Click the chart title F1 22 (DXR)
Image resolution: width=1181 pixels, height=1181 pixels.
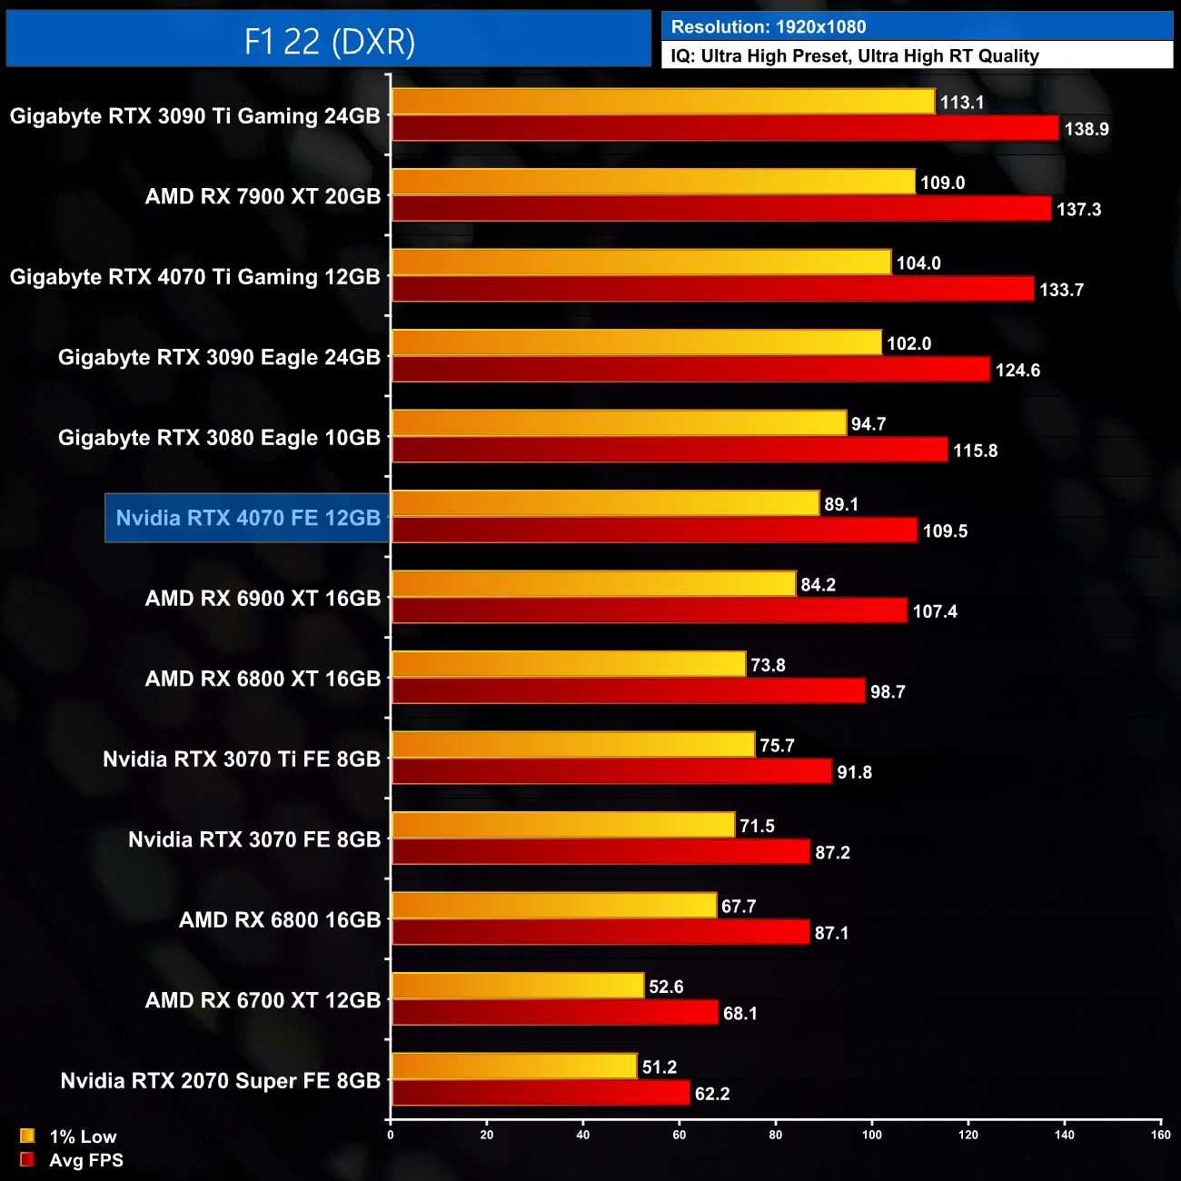click(x=329, y=41)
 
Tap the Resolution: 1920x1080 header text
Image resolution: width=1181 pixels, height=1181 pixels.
click(x=769, y=27)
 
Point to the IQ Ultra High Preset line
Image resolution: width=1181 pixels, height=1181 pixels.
click(x=855, y=56)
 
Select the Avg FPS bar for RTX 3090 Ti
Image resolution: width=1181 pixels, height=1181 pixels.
click(x=725, y=128)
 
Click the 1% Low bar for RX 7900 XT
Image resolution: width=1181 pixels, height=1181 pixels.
click(x=653, y=182)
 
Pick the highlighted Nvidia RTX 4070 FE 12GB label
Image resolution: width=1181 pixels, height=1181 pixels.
click(x=248, y=518)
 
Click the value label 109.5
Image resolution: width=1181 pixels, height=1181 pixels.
click(x=945, y=531)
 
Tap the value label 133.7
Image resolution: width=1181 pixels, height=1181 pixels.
click(x=1061, y=290)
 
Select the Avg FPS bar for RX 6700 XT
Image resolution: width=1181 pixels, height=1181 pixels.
click(x=554, y=1013)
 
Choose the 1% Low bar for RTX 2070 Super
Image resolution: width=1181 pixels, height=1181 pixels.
click(x=514, y=1067)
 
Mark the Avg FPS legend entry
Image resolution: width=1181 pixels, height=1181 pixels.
click(x=73, y=1160)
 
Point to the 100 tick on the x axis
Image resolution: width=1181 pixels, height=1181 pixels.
click(x=872, y=1135)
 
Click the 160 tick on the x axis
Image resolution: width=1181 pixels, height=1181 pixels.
click(x=1160, y=1135)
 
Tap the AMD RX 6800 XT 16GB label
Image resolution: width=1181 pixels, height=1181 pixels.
click(x=263, y=679)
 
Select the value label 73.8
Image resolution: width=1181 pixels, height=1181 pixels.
click(x=768, y=665)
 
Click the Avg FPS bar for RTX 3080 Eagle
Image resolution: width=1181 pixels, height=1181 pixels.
click(x=670, y=450)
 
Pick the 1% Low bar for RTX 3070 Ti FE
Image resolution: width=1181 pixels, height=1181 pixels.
click(x=573, y=745)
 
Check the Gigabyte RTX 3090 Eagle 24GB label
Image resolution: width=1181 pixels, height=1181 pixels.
click(x=219, y=357)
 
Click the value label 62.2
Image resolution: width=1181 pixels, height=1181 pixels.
click(x=712, y=1094)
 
